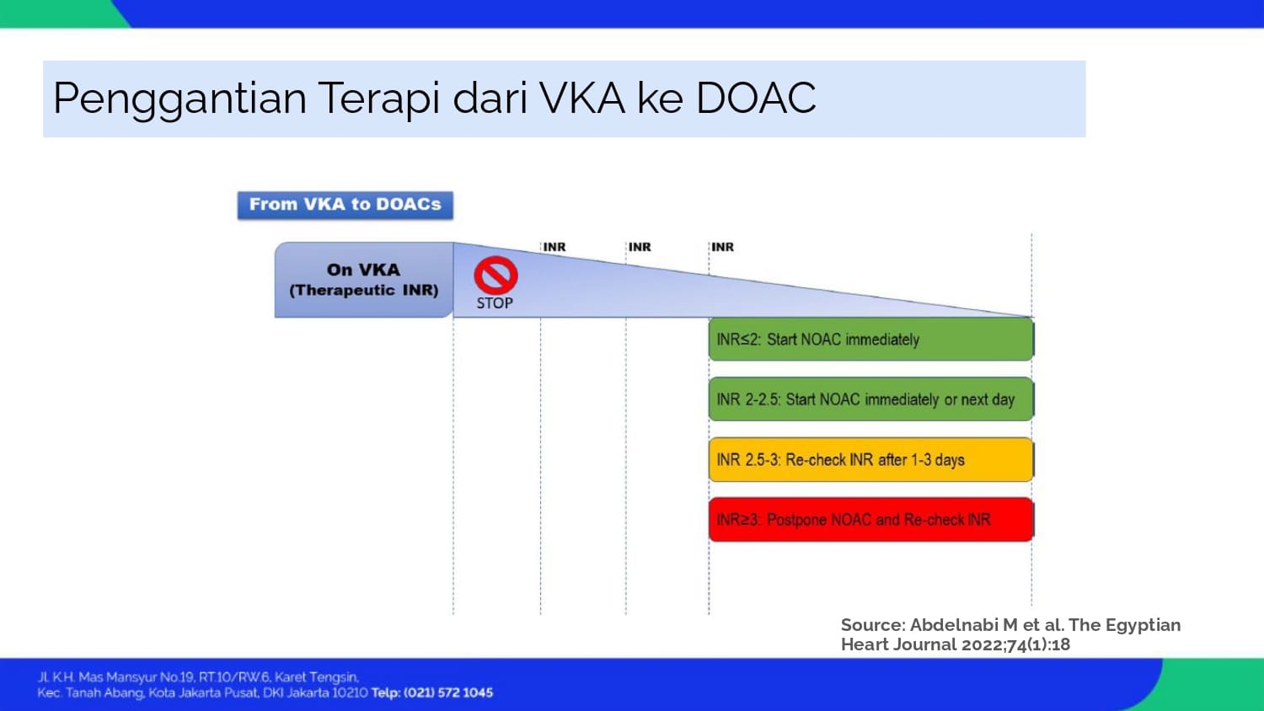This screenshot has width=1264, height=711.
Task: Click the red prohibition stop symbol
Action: (x=495, y=275)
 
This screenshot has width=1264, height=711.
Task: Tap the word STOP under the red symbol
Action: (x=495, y=303)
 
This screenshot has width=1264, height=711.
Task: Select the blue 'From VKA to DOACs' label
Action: (x=345, y=205)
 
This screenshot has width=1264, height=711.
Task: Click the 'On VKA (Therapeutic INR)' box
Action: (x=363, y=280)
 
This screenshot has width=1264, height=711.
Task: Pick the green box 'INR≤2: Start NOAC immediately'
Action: (x=871, y=339)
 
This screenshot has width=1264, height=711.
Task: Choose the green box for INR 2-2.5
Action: (x=871, y=399)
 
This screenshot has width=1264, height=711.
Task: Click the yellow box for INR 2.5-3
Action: (x=871, y=459)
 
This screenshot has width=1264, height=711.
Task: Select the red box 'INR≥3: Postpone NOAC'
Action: (x=871, y=520)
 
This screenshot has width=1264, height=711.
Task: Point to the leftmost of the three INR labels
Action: (x=554, y=247)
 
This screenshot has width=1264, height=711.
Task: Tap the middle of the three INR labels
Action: (x=640, y=247)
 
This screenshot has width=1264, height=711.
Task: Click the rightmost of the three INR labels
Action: (x=722, y=247)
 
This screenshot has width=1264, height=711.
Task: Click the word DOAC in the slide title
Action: (x=756, y=99)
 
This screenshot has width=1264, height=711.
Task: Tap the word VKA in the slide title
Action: (x=582, y=99)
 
